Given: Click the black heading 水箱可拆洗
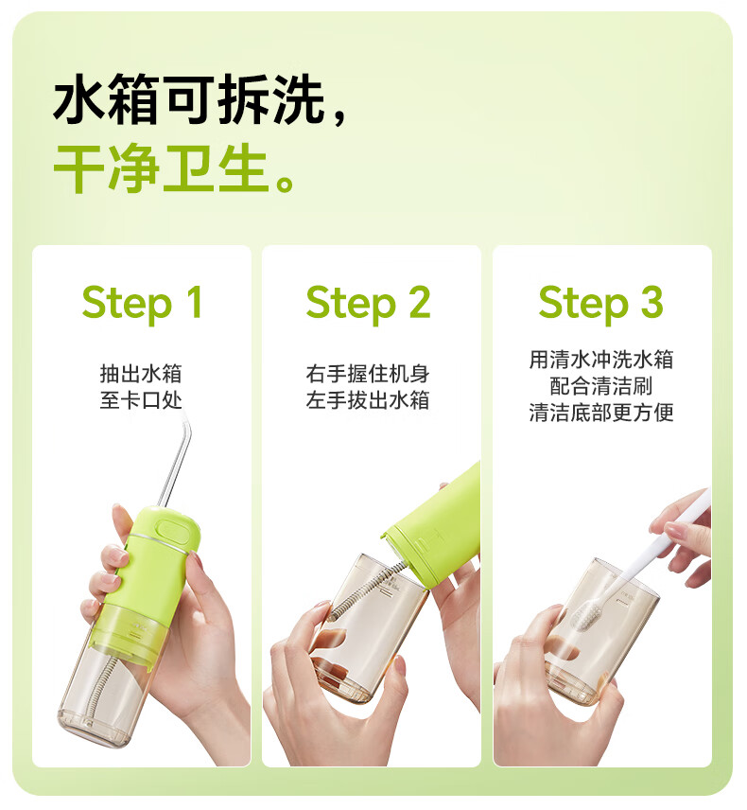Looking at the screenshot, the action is (188, 99).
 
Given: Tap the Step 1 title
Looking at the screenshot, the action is (142, 304).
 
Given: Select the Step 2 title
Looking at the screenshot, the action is (368, 304).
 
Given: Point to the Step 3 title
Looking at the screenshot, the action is (600, 304).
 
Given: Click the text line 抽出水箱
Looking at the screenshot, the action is (141, 374).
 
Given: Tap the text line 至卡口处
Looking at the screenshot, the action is (141, 400).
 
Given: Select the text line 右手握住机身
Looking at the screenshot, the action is (368, 374).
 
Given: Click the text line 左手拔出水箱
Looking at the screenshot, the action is (368, 400).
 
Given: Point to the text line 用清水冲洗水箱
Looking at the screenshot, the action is (601, 360).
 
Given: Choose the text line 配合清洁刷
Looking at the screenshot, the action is (601, 386).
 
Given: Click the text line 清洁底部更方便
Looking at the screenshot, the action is (601, 413).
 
